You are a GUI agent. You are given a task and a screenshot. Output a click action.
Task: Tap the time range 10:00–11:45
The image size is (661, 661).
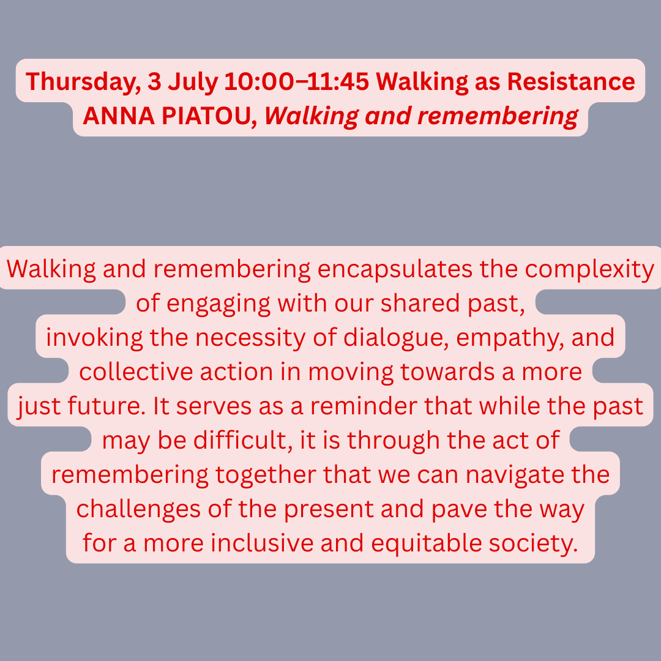click(x=296, y=81)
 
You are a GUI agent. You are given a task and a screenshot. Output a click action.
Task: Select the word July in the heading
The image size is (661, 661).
click(x=193, y=82)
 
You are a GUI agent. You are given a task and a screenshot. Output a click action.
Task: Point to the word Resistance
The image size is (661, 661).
click(x=571, y=81)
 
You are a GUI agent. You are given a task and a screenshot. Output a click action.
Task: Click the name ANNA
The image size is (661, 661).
click(x=119, y=116)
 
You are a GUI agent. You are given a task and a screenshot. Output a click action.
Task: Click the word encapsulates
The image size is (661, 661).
click(x=395, y=269)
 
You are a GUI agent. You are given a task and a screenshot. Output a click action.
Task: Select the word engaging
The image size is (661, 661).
click(x=218, y=304)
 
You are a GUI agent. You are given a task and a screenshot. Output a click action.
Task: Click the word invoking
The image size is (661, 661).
click(x=94, y=338)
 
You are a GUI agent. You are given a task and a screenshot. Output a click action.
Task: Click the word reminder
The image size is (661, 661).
click(x=364, y=406)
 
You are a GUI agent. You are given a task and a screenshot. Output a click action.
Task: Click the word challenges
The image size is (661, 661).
click(x=138, y=509)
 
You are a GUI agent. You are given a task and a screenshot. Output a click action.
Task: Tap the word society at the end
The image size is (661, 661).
click(x=533, y=544)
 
